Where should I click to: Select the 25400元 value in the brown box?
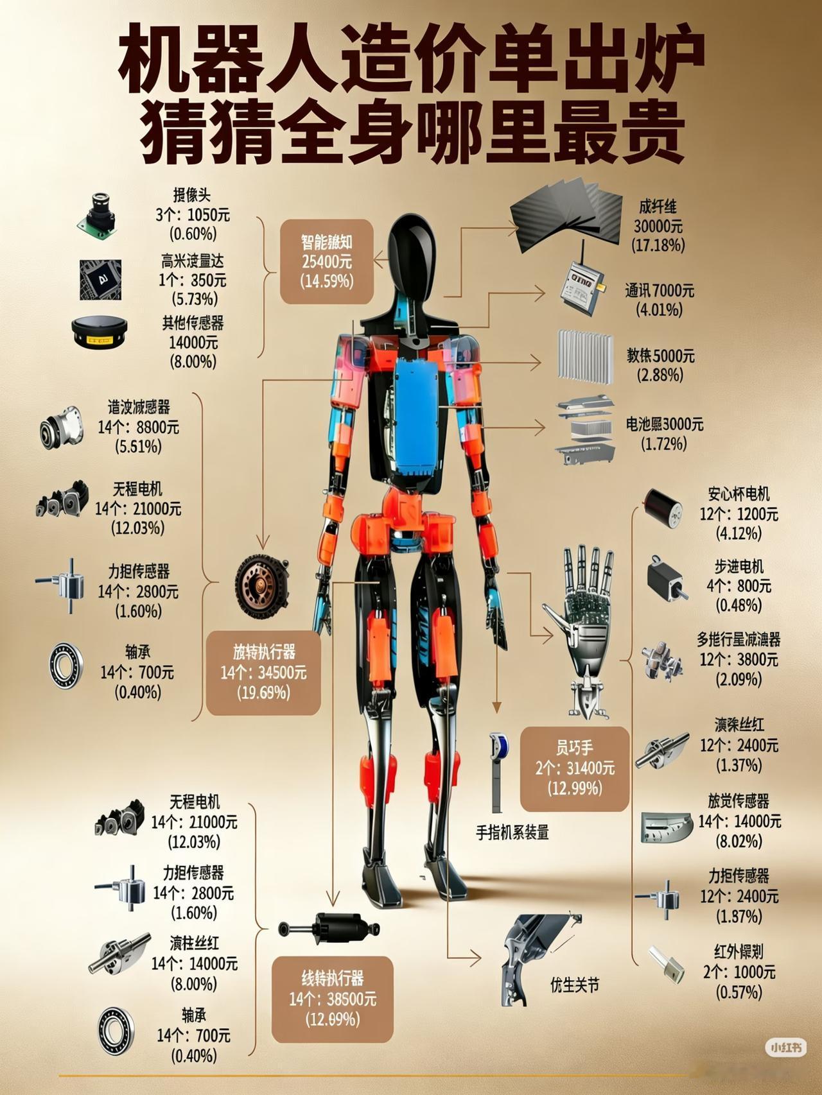327,262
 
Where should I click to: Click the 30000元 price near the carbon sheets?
658,226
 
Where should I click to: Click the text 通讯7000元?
660,291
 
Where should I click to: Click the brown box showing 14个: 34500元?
263,673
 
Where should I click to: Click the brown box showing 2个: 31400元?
575,768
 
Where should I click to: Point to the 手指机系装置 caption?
512,833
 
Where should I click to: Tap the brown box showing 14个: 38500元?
332,999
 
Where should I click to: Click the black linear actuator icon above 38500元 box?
329,929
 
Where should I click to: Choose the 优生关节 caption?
574,985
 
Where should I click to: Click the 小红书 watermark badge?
786,1048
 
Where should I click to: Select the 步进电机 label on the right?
739,567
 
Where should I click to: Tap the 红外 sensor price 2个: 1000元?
739,972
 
